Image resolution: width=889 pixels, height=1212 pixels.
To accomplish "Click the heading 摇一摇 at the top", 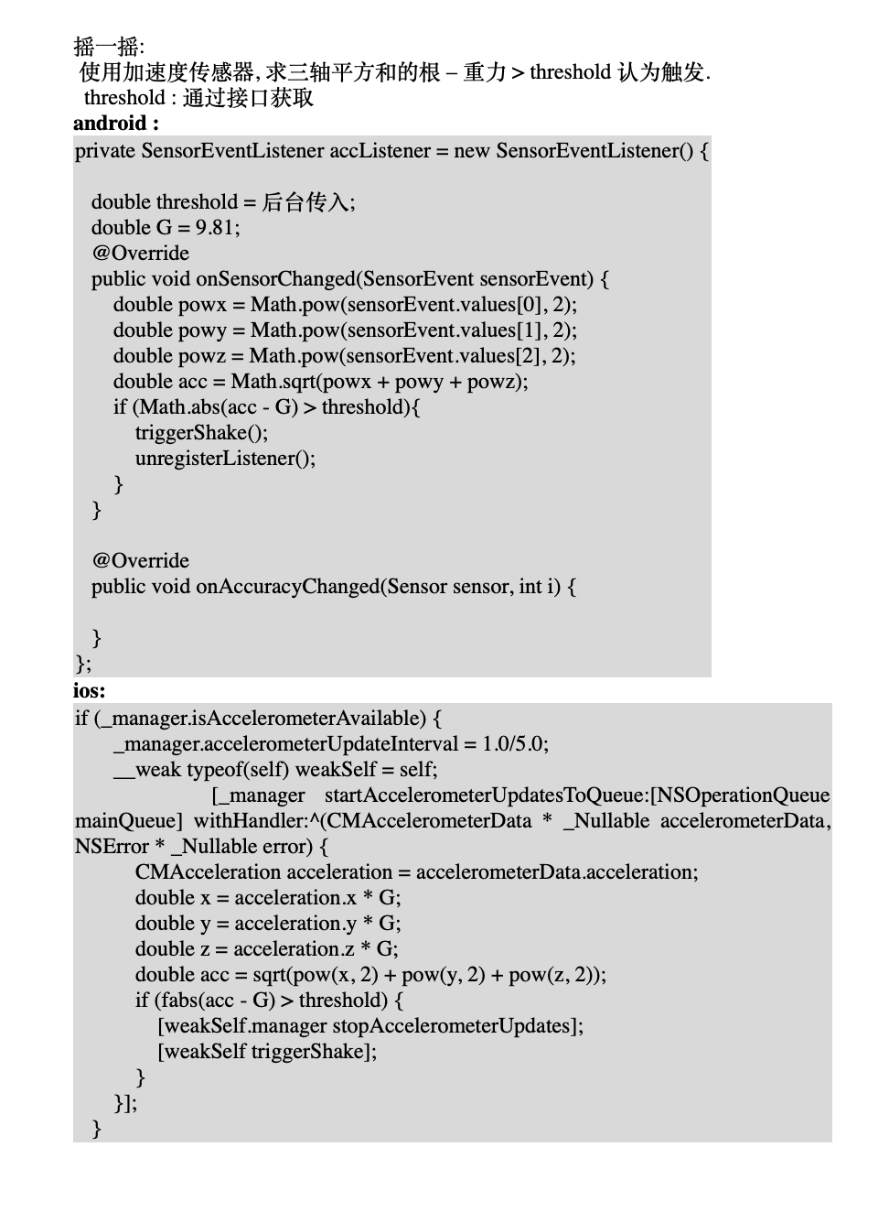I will coord(107,46).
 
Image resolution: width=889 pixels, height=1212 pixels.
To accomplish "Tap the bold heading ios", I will coord(89,690).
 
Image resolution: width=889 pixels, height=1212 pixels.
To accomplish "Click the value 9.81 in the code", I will coord(215,227).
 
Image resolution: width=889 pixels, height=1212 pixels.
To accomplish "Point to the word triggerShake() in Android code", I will coord(201,432).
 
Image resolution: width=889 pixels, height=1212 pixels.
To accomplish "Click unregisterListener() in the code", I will coord(225,458).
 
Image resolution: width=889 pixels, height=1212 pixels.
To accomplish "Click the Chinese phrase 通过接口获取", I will coord(248,97).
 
